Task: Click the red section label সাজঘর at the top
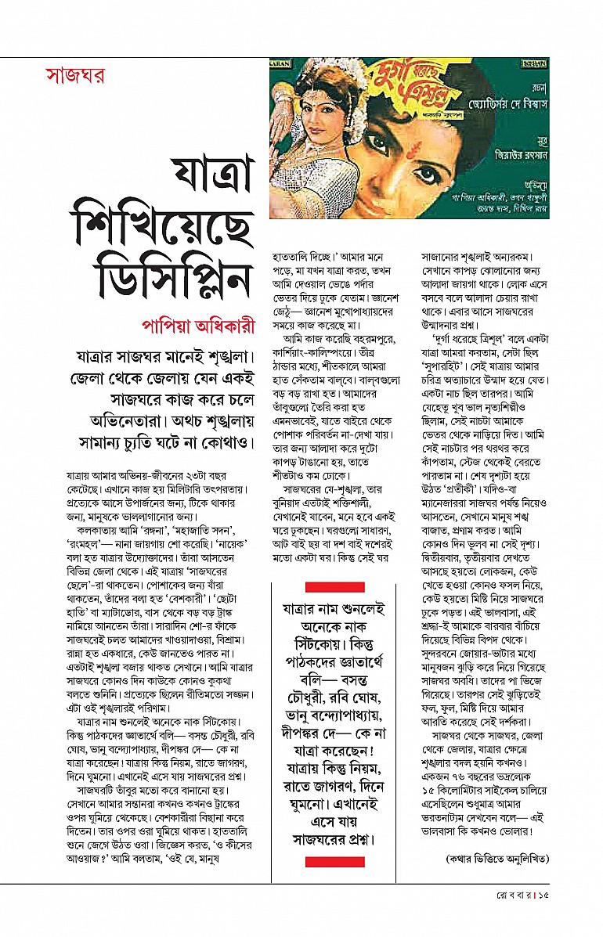75,77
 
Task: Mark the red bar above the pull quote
334,586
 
